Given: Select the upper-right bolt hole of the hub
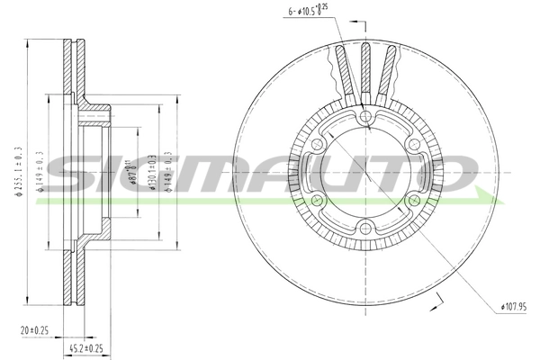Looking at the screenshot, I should click(x=412, y=144).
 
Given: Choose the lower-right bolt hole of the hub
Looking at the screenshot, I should click(x=412, y=202).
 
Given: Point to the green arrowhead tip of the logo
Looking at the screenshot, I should click(x=494, y=196).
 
